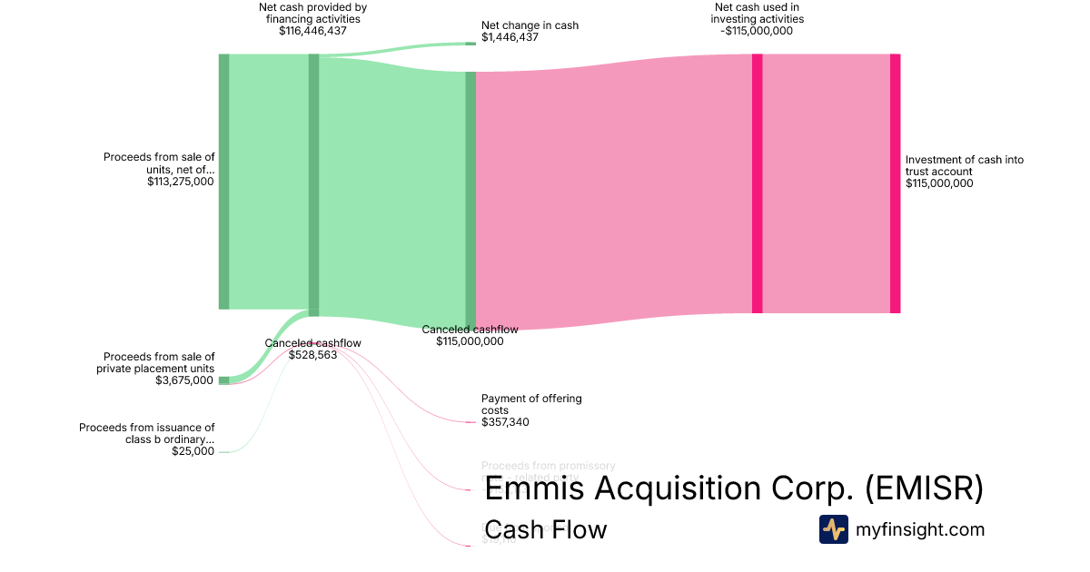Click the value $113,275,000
tap(180, 182)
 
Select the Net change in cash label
tap(530, 25)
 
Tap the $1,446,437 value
tap(510, 38)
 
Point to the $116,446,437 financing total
tap(312, 31)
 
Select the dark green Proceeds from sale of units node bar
tap(223, 182)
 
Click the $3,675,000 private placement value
tap(184, 380)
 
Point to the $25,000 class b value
tap(193, 451)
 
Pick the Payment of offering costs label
tap(531, 404)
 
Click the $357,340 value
tap(506, 422)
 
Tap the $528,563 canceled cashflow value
tap(312, 355)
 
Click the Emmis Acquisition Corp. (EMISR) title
tap(734, 488)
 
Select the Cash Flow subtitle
tap(545, 529)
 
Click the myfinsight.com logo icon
tap(833, 529)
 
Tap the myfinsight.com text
tap(920, 529)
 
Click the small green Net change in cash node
tap(470, 43)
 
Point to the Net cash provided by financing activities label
tap(312, 13)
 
